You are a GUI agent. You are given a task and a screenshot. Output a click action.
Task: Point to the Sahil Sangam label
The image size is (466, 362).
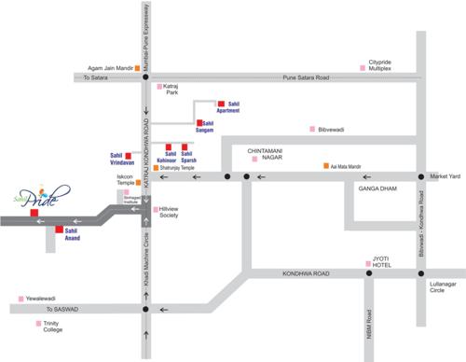[214, 127]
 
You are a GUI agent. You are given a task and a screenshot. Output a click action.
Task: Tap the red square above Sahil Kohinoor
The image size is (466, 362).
[168, 147]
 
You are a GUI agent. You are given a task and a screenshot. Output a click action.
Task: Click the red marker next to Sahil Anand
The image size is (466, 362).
[59, 230]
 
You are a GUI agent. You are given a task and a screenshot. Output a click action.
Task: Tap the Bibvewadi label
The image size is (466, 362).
[333, 130]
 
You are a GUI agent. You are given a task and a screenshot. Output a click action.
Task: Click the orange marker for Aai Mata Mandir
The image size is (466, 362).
[325, 165]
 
